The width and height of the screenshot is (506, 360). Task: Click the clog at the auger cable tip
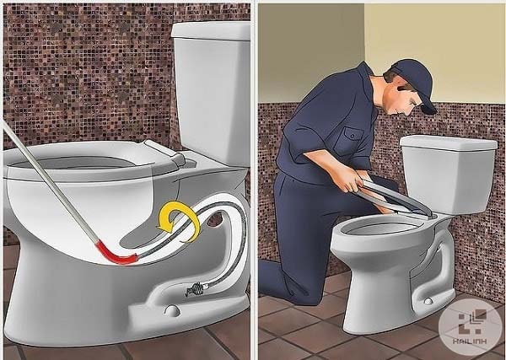[194, 289]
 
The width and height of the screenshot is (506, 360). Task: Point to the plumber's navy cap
[416, 81]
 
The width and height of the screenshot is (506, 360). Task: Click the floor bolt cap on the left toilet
[172, 310]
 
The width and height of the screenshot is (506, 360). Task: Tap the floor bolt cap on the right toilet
[428, 301]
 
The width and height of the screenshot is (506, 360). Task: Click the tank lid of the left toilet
[211, 31]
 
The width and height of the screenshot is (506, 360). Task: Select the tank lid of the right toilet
[449, 142]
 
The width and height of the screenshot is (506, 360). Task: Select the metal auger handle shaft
[51, 183]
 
